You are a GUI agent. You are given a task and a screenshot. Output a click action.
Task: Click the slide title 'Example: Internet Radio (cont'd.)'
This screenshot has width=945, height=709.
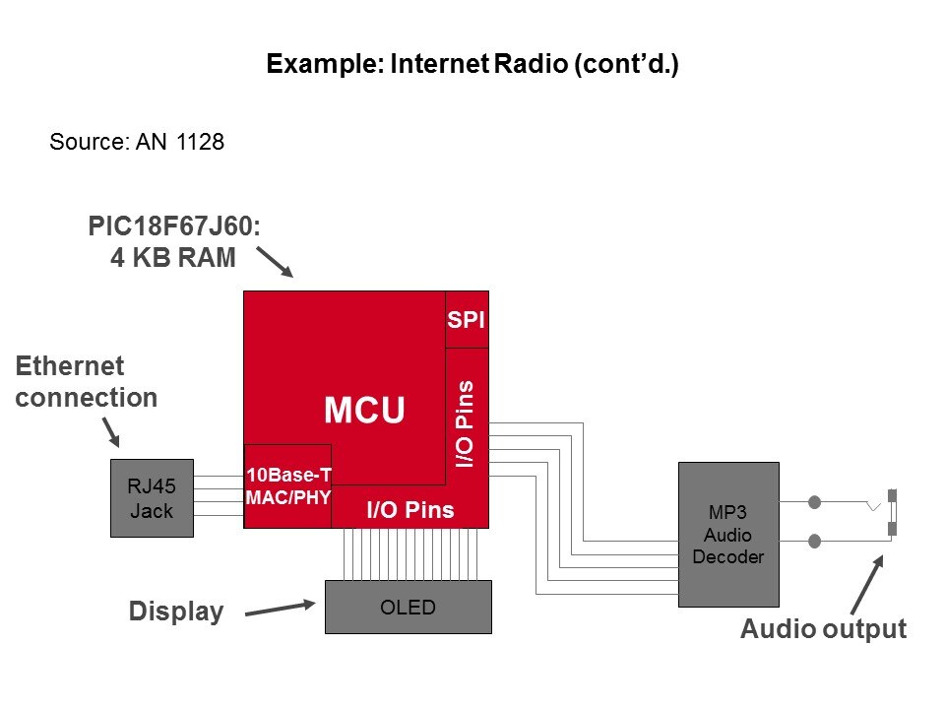(x=472, y=66)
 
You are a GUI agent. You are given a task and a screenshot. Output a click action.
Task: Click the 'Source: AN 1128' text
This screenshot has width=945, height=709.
(x=137, y=143)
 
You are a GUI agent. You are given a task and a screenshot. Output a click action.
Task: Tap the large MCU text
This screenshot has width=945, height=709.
(x=364, y=411)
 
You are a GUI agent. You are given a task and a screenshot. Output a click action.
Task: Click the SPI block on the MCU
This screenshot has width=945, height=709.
(x=467, y=320)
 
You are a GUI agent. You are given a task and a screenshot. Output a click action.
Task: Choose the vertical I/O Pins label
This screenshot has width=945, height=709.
(x=467, y=423)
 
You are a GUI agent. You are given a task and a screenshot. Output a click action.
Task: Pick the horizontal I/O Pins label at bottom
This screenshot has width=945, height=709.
(x=409, y=510)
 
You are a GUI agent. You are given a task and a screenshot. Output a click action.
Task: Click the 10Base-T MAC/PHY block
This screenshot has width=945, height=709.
(x=287, y=485)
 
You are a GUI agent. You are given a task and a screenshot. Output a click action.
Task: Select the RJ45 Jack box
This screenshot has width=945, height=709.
(x=152, y=498)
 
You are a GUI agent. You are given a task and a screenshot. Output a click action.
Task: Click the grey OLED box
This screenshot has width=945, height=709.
(x=408, y=607)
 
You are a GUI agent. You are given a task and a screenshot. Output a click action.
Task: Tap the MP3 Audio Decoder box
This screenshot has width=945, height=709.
(x=728, y=535)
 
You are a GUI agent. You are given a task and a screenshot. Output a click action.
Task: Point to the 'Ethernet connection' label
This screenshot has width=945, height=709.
(x=87, y=382)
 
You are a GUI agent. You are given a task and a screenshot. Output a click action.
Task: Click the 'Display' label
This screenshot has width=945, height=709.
(x=176, y=612)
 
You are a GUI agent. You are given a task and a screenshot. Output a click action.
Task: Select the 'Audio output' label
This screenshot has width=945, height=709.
(x=823, y=629)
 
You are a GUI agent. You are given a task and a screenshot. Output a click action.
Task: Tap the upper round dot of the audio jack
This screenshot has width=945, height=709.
(x=815, y=502)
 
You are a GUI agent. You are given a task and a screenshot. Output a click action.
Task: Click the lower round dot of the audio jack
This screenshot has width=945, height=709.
(x=815, y=541)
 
